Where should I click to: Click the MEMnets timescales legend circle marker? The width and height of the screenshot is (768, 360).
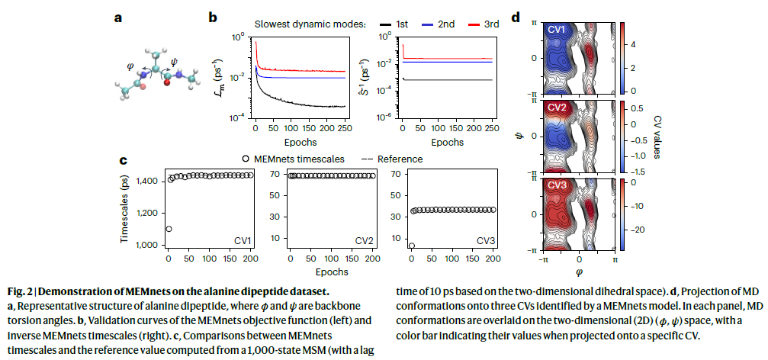point(245,159)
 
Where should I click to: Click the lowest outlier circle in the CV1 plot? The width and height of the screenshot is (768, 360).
point(169,229)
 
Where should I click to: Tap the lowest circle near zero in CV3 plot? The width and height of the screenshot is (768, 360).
point(412,246)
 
